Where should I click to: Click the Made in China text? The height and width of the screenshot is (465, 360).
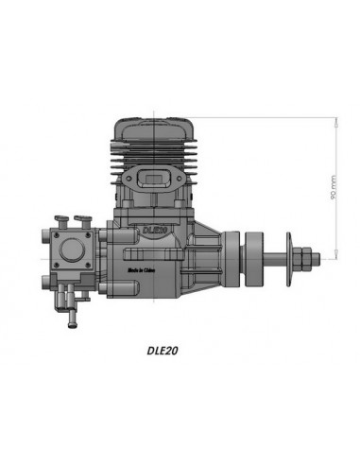144,270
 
